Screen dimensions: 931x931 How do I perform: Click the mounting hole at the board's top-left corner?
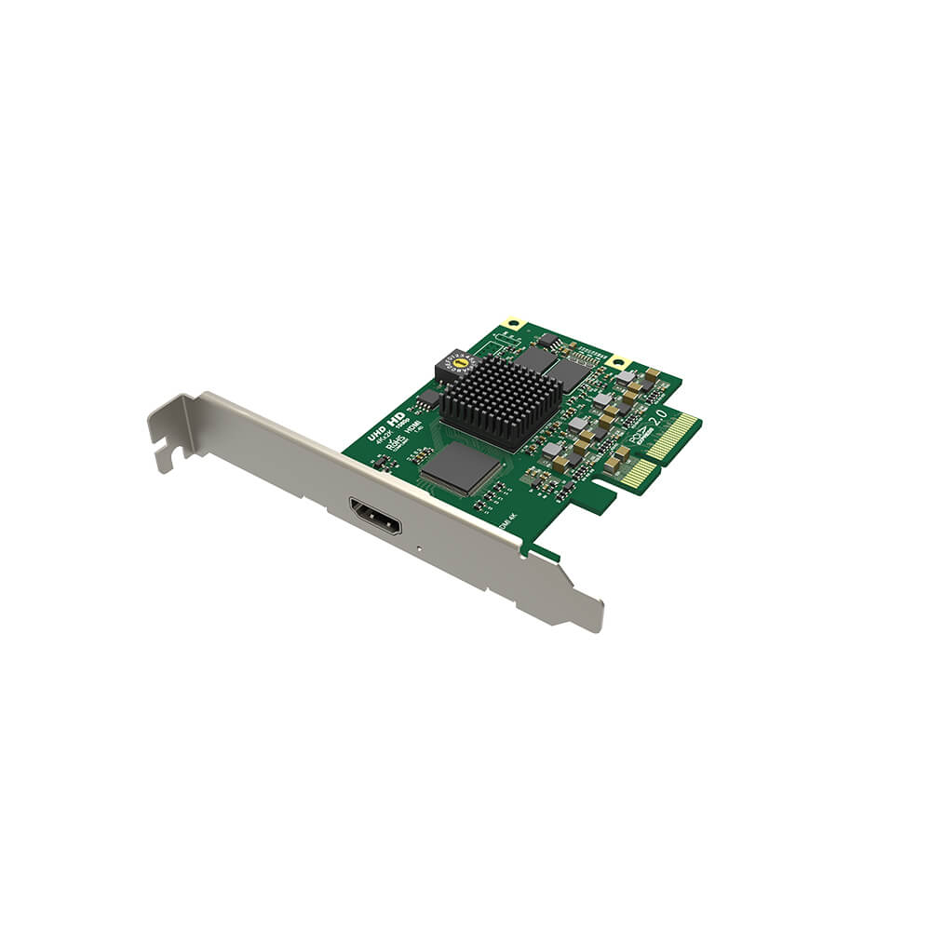(509, 325)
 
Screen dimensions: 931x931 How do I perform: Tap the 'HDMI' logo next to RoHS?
(415, 427)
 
